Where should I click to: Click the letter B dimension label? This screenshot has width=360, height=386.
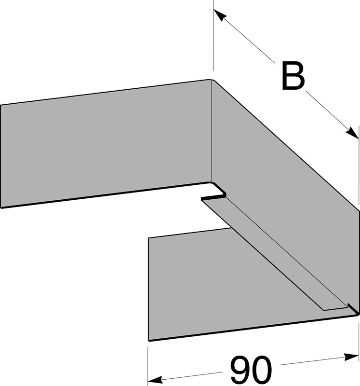tap(293, 76)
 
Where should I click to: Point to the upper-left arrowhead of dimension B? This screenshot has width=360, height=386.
tap(220, 15)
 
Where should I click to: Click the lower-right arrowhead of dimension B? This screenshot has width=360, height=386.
tap(352, 133)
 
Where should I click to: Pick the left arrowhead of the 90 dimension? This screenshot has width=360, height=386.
tap(155, 379)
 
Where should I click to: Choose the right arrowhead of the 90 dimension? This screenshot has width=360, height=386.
tap(352, 357)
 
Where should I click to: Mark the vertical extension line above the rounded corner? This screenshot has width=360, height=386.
tap(213, 36)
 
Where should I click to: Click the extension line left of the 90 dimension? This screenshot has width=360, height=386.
tap(148, 366)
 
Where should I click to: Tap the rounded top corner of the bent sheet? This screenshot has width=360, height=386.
tap(212, 80)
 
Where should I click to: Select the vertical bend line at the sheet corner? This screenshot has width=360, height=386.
tap(212, 132)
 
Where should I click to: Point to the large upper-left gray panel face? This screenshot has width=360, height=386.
tap(106, 145)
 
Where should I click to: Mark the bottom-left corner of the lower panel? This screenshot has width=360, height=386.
tap(149, 341)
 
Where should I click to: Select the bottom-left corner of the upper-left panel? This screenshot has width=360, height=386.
tap(1, 208)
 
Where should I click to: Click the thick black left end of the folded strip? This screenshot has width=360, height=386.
tap(213, 197)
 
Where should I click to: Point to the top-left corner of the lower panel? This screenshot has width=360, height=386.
tap(148, 238)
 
